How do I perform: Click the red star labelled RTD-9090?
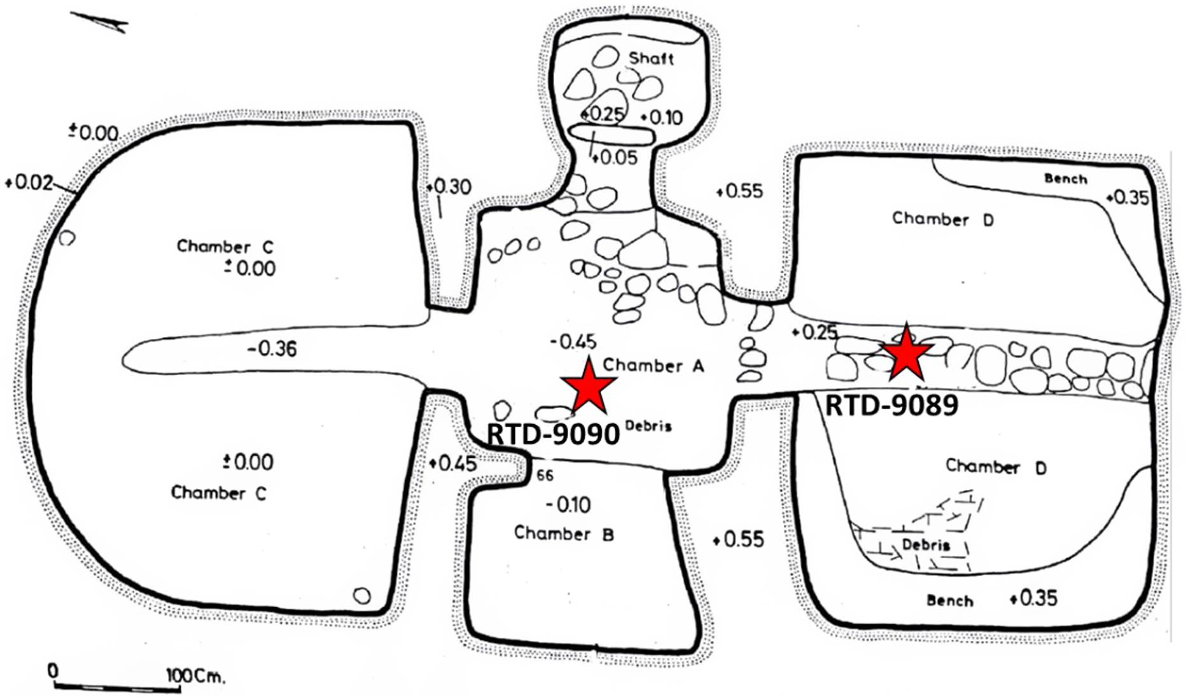click(x=589, y=385)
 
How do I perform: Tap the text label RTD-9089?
click(x=891, y=405)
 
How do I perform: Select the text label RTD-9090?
click(x=553, y=435)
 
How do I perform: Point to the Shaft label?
click(x=651, y=59)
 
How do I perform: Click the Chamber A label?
click(x=653, y=366)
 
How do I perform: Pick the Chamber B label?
click(x=564, y=533)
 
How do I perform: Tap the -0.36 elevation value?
click(x=272, y=348)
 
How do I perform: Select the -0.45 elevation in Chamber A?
click(x=573, y=342)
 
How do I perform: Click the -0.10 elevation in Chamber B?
click(x=569, y=505)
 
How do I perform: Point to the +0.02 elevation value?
click(x=29, y=182)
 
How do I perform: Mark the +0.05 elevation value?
click(x=615, y=157)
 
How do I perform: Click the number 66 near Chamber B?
click(x=545, y=476)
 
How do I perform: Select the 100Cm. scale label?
click(x=196, y=675)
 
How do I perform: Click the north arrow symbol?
click(x=102, y=22)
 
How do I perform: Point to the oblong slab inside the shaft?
click(x=611, y=135)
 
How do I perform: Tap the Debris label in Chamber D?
click(x=926, y=545)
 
